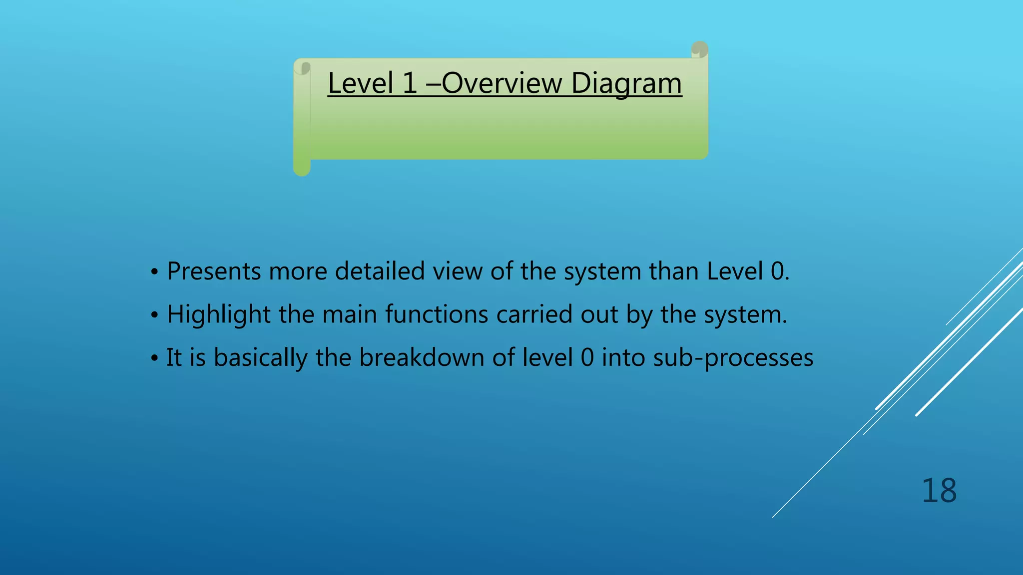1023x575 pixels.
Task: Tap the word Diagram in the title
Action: pos(626,83)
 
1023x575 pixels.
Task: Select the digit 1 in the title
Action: pos(410,83)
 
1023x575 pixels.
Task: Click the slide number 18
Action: pos(939,491)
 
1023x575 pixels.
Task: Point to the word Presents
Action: pos(214,272)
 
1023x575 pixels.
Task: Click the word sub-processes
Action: pos(733,358)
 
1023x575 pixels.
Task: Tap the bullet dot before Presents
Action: pos(155,273)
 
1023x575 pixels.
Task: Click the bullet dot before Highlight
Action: pos(155,315)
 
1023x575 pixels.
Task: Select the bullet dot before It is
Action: pos(155,358)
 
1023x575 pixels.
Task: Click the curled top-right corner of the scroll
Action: pos(699,50)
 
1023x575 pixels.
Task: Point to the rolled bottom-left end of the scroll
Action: pos(302,168)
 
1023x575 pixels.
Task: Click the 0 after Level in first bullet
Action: pos(777,272)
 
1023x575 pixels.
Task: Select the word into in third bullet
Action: pos(623,358)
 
